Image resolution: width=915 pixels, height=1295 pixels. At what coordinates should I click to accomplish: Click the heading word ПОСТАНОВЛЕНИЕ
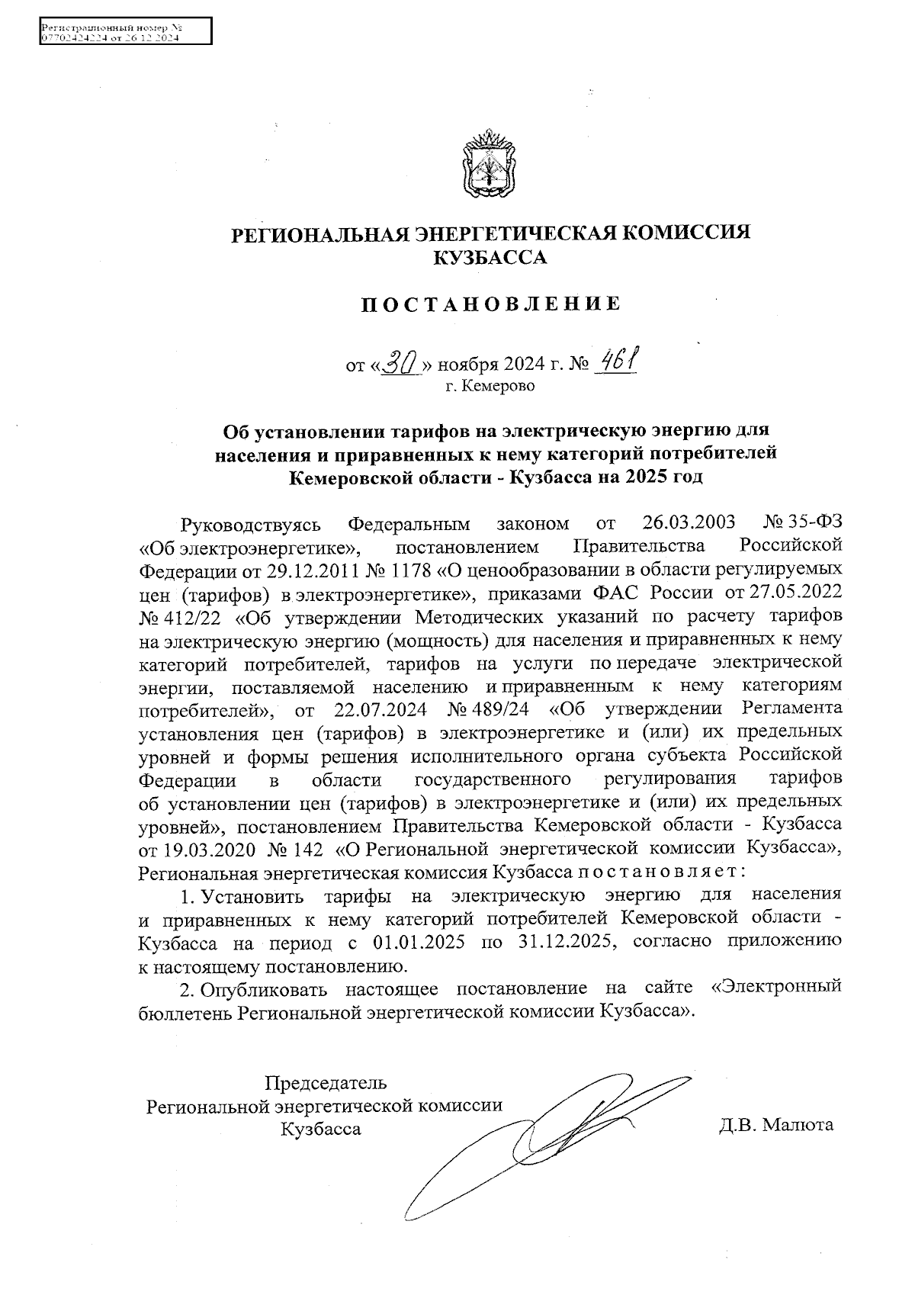tap(490, 305)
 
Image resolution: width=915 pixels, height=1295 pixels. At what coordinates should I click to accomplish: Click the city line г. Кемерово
tap(490, 387)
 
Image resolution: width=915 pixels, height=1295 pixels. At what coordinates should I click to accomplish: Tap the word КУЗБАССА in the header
tap(490, 259)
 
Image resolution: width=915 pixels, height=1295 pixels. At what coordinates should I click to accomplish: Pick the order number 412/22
tap(188, 615)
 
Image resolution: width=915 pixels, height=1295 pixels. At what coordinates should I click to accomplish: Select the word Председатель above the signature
tap(326, 1083)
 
